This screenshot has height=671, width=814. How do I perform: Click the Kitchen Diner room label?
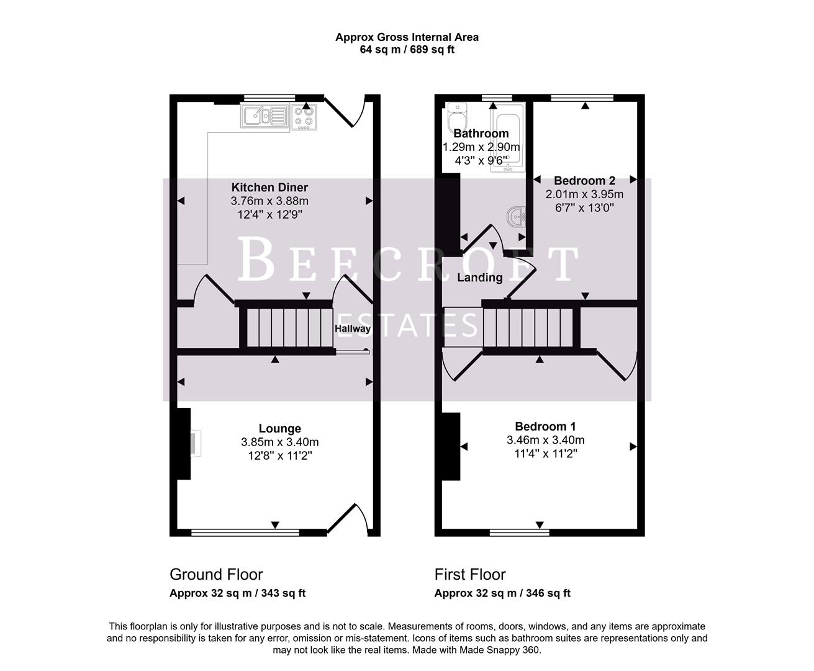tap(269, 187)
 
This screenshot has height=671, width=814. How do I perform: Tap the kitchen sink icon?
tap(265, 116)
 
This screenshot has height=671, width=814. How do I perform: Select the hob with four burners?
tap(304, 116)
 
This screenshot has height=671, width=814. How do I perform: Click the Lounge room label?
tap(279, 428)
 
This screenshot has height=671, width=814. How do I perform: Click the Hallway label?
tap(353, 329)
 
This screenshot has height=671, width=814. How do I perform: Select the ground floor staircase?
tap(286, 327)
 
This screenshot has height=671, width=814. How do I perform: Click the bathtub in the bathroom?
tap(507, 138)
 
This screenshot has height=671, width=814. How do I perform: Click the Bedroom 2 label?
tap(584, 181)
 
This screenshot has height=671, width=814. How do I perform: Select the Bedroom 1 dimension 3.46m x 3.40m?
tap(545, 440)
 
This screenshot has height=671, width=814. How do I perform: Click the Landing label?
tap(479, 278)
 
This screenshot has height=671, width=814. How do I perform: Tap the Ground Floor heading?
tap(216, 574)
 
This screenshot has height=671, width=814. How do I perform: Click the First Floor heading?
tap(470, 574)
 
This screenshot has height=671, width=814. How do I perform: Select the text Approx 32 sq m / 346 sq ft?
tap(502, 593)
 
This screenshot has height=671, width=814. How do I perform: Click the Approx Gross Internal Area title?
tap(407, 37)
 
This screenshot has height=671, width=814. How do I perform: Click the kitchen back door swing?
tap(343, 112)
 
